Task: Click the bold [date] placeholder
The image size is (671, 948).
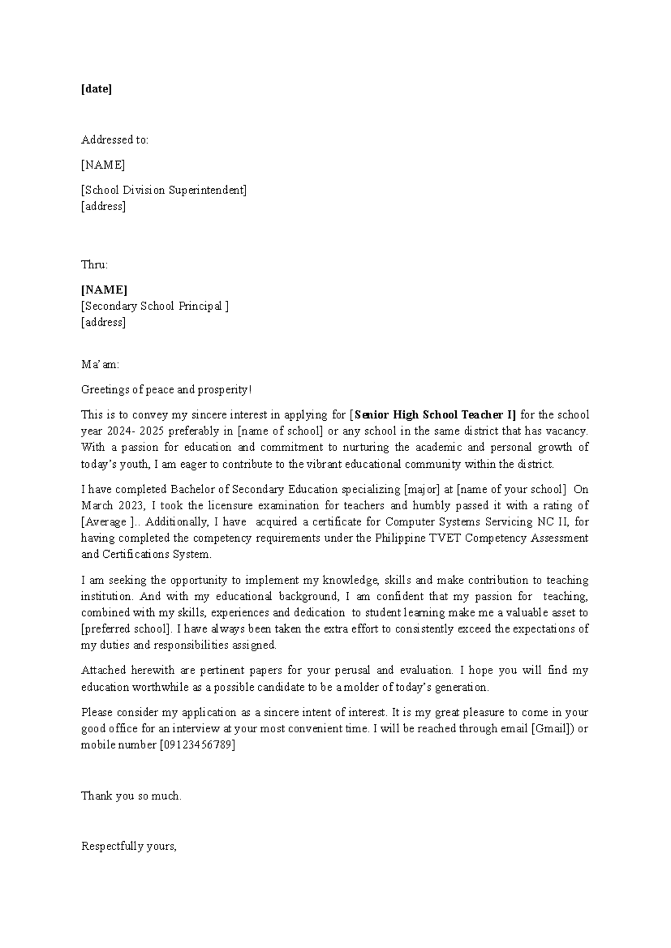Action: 96,89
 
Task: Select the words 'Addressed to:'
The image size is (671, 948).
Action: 115,140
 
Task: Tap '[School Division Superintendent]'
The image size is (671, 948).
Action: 163,190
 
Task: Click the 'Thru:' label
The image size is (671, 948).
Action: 94,264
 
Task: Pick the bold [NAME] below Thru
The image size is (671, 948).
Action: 104,290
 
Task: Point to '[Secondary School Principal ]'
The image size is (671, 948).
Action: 154,306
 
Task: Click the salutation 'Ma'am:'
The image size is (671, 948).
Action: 100,365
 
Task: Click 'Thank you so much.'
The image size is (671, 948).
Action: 131,796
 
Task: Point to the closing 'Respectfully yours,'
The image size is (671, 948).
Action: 129,846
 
